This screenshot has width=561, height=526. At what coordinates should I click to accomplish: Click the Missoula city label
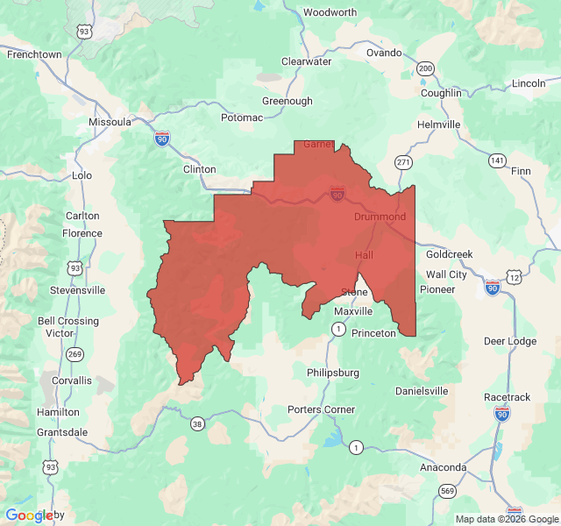tap(110, 122)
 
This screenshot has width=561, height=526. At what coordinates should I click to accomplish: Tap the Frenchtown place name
tap(34, 54)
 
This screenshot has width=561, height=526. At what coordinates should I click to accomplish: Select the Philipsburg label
tap(333, 373)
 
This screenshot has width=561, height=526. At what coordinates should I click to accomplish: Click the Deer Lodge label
tap(510, 341)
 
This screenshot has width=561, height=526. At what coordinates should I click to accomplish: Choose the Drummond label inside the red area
tap(380, 217)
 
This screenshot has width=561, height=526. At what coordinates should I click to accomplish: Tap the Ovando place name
tap(384, 53)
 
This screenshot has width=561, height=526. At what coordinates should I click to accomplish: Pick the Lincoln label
tap(529, 83)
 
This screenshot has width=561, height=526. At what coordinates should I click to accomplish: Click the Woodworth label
tap(330, 13)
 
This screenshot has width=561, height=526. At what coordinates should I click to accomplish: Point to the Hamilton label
tap(58, 412)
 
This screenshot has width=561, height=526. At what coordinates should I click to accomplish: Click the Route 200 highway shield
tap(426, 68)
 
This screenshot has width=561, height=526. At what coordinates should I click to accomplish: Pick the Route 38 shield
tap(197, 423)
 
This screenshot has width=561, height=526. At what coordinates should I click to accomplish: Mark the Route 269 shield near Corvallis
tap(76, 354)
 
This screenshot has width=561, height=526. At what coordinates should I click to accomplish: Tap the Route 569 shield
tap(448, 491)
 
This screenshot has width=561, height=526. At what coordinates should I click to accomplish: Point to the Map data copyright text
tap(507, 519)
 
